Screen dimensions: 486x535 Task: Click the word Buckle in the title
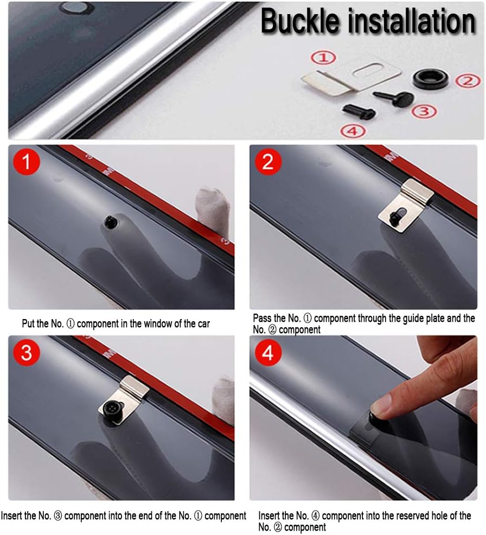click(300, 21)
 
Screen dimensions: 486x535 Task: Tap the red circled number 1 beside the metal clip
click(323, 58)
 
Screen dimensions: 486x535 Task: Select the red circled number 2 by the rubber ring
click(468, 81)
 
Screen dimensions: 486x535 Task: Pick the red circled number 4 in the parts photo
click(353, 131)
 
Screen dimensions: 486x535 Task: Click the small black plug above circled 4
click(359, 111)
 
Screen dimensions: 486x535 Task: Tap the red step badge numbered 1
click(27, 162)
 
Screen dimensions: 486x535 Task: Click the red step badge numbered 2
click(268, 162)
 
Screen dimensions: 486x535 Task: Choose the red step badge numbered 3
click(27, 352)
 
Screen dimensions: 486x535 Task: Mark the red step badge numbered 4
click(268, 352)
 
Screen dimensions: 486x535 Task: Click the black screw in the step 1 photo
click(111, 221)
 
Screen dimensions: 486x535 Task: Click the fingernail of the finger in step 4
click(380, 405)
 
